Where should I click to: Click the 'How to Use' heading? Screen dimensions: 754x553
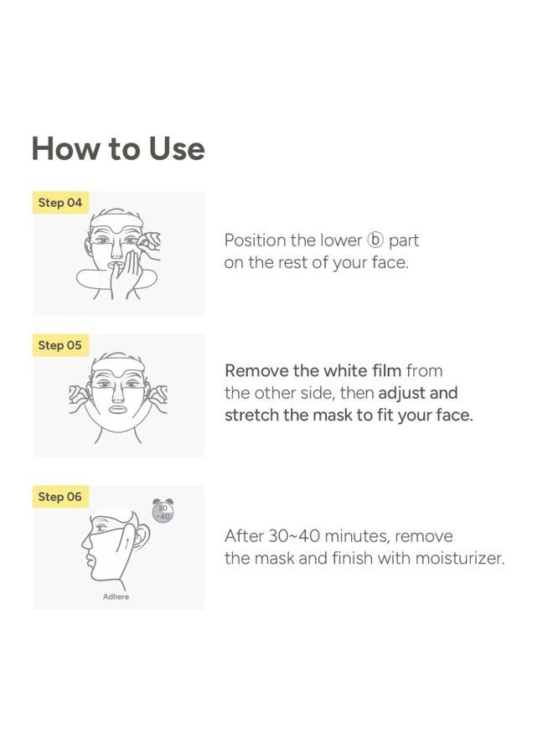118,148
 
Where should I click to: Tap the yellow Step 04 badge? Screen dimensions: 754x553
60,203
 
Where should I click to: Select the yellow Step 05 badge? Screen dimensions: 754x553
60,345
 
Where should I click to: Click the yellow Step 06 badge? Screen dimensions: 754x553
60,497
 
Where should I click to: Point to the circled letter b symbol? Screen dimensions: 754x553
375,240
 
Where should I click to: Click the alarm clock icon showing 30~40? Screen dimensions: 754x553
162,511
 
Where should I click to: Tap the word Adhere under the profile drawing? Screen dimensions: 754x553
116,596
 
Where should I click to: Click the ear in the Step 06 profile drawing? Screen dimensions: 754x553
140,534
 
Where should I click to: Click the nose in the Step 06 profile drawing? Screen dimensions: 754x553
85,542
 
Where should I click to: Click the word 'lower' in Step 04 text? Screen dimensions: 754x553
340,240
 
